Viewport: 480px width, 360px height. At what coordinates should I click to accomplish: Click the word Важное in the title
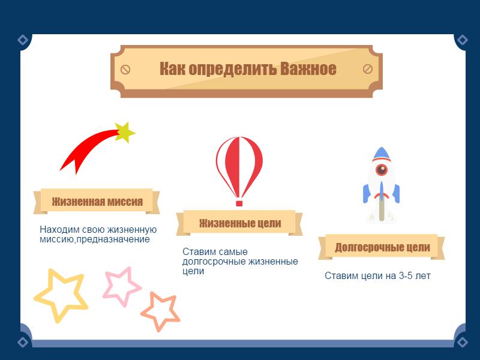point(308,68)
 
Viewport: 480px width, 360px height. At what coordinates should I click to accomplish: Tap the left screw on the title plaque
point(125,70)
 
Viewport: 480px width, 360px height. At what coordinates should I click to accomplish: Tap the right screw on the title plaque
point(368,69)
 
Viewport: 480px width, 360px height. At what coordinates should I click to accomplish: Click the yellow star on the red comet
point(125,132)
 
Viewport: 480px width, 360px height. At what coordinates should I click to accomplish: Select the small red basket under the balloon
point(239,203)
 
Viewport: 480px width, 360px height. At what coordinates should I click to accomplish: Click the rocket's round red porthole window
point(382,169)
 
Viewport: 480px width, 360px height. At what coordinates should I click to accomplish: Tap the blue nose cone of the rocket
point(382,154)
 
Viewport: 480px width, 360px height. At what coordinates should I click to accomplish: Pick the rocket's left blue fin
point(367,193)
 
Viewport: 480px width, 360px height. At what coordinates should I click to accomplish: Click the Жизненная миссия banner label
point(97,202)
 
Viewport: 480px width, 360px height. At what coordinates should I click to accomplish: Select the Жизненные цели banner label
point(239,223)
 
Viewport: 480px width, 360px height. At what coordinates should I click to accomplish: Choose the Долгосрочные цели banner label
point(382,247)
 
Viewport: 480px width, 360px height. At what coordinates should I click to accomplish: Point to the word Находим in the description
point(59,230)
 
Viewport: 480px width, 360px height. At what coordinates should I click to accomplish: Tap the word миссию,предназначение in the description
point(95,239)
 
